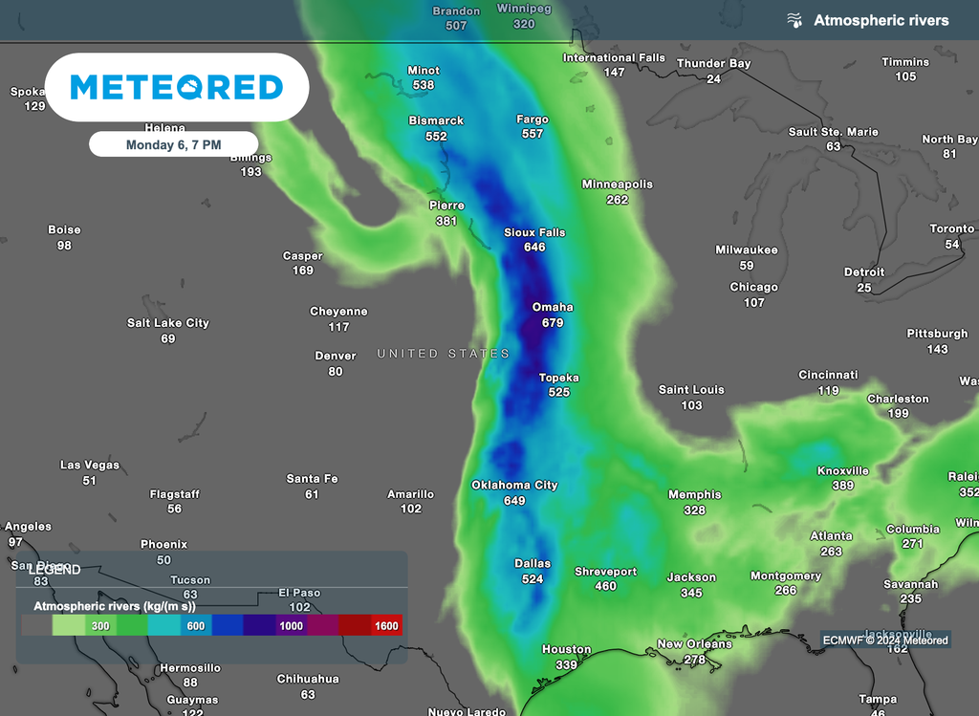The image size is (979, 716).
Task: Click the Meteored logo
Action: [177, 88]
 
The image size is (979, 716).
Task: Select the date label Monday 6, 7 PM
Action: [173, 144]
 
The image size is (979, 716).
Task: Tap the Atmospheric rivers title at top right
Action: [881, 20]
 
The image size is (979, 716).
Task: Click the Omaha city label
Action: [553, 307]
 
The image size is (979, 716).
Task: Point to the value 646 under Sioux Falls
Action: [534, 248]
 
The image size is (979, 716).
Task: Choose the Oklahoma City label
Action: [514, 485]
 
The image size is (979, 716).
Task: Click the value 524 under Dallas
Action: [533, 579]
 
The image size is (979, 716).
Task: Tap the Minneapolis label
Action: [618, 184]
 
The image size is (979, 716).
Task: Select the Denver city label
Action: [336, 356]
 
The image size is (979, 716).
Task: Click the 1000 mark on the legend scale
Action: [292, 626]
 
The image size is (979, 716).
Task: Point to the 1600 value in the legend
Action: [387, 626]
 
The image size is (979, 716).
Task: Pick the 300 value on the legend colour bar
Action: [99, 626]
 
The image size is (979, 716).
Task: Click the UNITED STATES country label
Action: [444, 354]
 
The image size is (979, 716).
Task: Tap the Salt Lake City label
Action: [168, 323]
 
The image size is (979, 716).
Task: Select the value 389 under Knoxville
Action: [842, 486]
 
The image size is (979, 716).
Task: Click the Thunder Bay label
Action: [713, 63]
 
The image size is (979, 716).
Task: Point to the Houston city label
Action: [566, 649]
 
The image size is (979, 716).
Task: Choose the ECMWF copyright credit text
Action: [884, 640]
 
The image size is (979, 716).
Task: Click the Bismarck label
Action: [436, 120]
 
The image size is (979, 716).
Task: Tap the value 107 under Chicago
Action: [754, 303]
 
